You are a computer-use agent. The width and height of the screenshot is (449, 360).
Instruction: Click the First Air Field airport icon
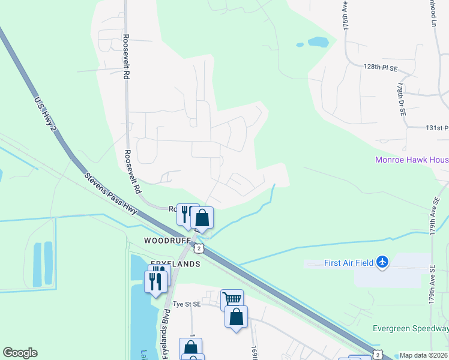(x=382, y=262)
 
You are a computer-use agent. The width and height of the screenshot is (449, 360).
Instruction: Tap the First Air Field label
(x=340, y=262)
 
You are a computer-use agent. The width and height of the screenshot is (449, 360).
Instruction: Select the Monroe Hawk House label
(x=412, y=160)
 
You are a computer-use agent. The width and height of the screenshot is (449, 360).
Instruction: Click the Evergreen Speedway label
(x=411, y=328)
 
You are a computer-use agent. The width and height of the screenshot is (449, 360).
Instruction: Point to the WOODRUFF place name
(x=167, y=240)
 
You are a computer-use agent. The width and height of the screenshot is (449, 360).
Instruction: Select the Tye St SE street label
(x=187, y=304)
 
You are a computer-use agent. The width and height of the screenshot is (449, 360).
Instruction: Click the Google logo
(x=20, y=353)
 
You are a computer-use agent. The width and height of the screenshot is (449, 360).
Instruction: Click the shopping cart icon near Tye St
(x=232, y=298)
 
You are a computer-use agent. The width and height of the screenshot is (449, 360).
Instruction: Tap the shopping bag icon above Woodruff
(x=202, y=218)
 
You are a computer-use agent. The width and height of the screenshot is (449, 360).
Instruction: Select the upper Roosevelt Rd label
(x=126, y=57)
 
